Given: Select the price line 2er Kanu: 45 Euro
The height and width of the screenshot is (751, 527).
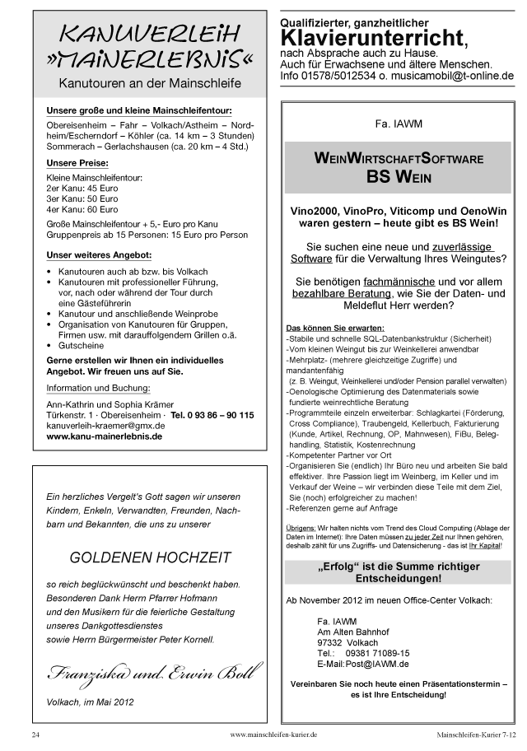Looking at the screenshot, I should point(82,188).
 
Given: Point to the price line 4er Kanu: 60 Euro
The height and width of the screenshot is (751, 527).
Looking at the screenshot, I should point(82,209).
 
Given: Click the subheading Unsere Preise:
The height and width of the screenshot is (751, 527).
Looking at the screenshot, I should point(77,163).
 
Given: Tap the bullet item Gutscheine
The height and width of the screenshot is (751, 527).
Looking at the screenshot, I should point(82,346).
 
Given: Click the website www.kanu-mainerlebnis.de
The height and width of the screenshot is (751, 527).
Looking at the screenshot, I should point(105,436).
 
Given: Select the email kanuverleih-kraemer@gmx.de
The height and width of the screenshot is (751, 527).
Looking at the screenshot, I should point(105,426).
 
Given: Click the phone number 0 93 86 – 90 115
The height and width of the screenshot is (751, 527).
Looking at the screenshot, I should point(219,415).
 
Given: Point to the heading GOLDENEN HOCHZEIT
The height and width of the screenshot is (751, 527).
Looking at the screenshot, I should point(151,557).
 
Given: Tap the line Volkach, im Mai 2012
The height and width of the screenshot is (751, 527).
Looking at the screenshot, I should point(90,702).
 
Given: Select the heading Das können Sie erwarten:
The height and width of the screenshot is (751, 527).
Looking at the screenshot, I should point(327,328).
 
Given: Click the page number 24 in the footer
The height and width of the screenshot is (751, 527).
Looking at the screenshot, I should point(36,733).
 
